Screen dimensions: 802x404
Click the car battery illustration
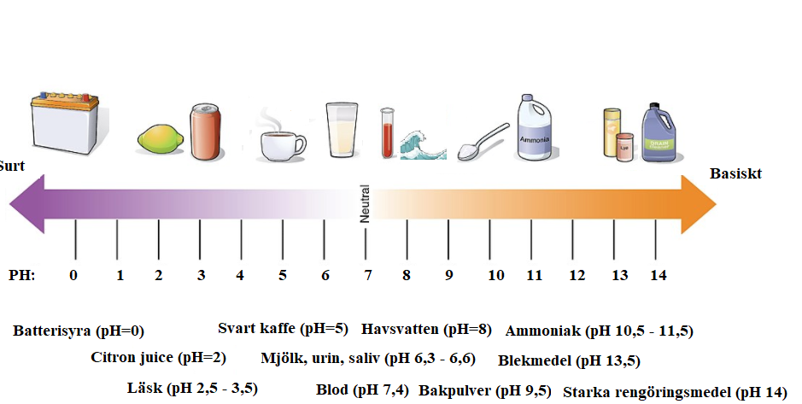tap(64, 123)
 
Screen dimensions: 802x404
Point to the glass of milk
tap(342, 130)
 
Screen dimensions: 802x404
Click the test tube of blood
tap(388, 133)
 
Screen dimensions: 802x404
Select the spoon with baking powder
tap(483, 142)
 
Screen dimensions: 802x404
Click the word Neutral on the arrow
tap(365, 203)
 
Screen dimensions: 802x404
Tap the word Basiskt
tap(735, 174)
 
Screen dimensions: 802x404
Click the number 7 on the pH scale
tap(368, 275)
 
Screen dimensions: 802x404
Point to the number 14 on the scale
tap(658, 275)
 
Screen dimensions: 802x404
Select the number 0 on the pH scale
tap(73, 275)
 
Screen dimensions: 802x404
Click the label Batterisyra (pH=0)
tap(79, 331)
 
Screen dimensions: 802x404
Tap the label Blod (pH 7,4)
tap(363, 390)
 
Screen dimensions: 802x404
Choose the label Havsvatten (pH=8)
tap(426, 329)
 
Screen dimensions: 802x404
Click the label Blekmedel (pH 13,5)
tap(570, 361)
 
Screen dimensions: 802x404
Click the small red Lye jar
tap(624, 147)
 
